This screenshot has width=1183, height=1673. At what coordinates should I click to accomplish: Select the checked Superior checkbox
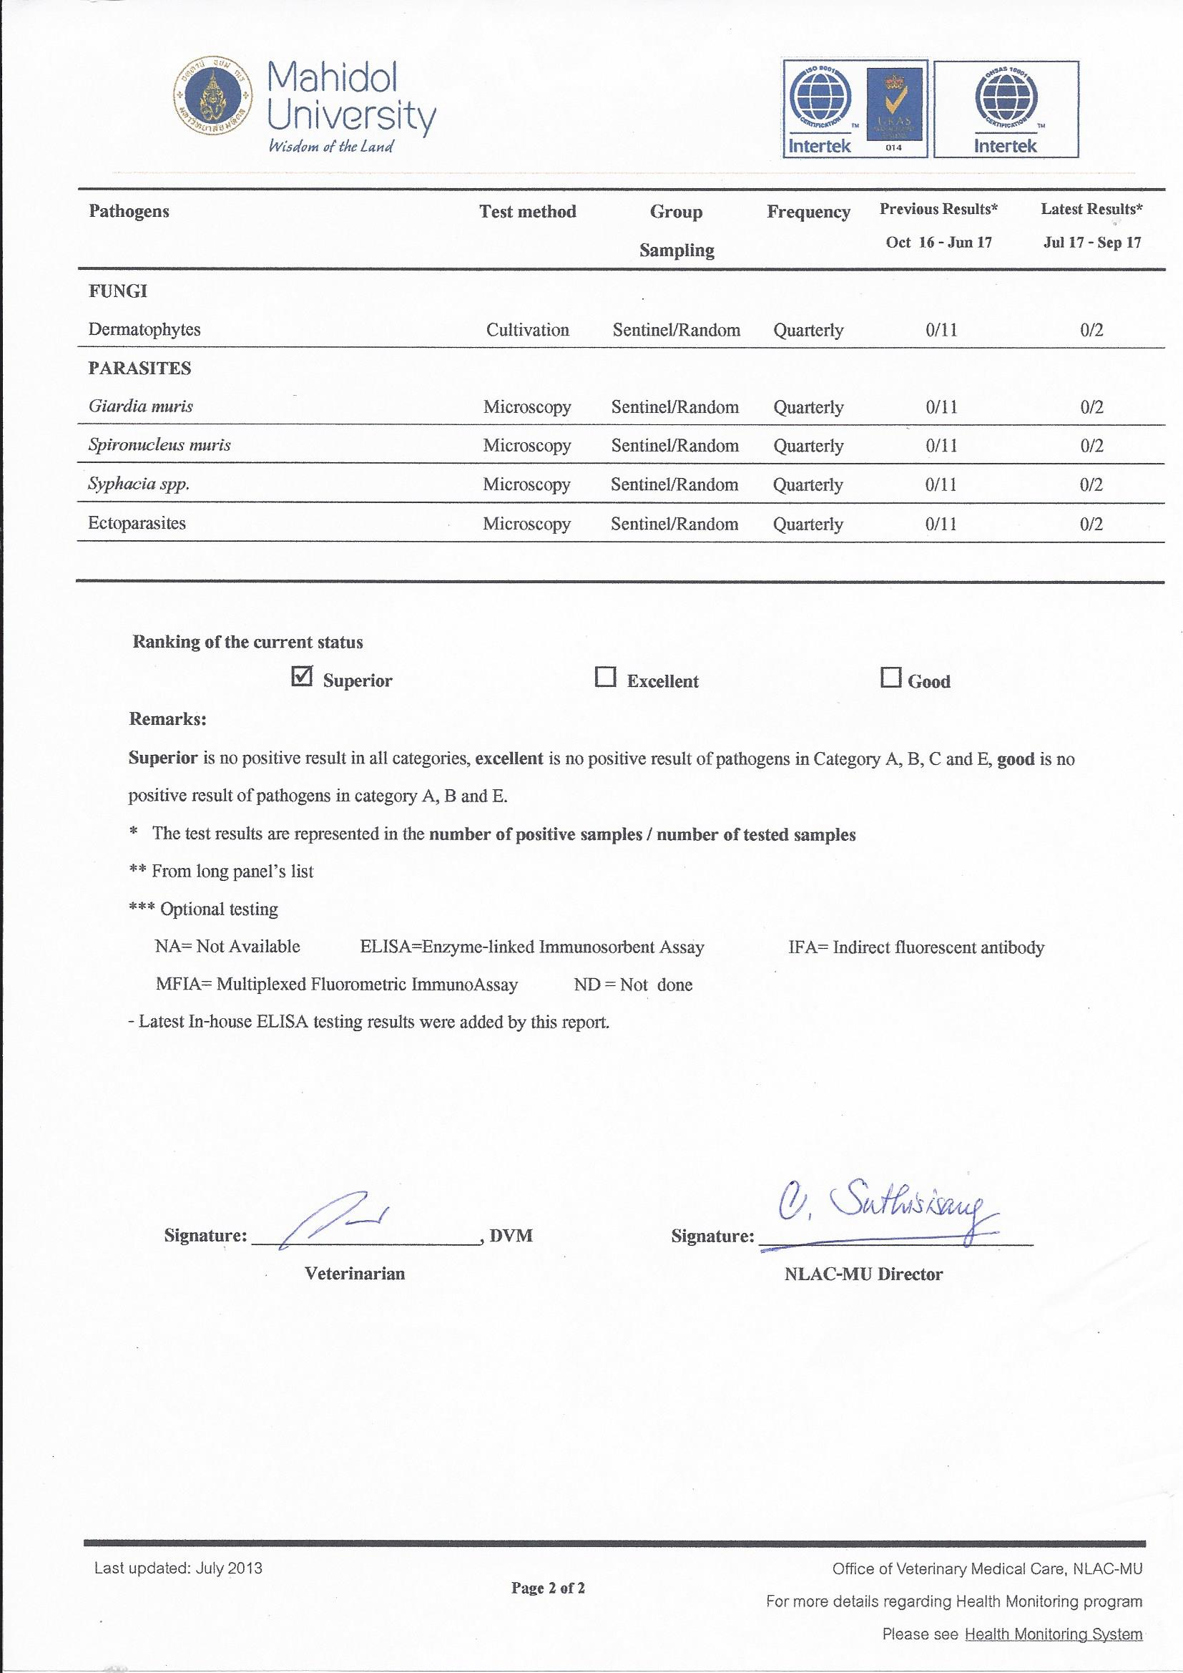pyautogui.click(x=302, y=677)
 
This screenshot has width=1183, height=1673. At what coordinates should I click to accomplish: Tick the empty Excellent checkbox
pyautogui.click(x=605, y=678)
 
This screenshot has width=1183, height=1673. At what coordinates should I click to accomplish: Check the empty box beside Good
pyautogui.click(x=890, y=678)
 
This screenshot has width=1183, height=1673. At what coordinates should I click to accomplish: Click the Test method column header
pyautogui.click(x=527, y=212)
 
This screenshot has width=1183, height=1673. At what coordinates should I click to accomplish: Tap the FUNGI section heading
pyautogui.click(x=118, y=291)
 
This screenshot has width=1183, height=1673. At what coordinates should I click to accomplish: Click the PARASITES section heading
pyautogui.click(x=140, y=369)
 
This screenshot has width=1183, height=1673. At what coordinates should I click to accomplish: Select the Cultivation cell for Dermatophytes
pyautogui.click(x=527, y=330)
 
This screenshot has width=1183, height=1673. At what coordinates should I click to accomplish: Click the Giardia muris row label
pyautogui.click(x=141, y=406)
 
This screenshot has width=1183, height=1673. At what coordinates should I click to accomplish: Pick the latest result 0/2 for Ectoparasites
pyautogui.click(x=1091, y=525)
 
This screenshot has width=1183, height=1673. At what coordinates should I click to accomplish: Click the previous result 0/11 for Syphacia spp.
pyautogui.click(x=941, y=485)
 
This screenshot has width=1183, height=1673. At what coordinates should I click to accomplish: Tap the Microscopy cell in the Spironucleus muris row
pyautogui.click(x=526, y=446)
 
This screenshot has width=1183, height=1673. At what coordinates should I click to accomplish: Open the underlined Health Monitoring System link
pyautogui.click(x=1053, y=1635)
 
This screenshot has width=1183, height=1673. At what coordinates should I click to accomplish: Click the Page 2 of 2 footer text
pyautogui.click(x=548, y=1588)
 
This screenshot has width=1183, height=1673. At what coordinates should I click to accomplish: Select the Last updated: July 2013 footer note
pyautogui.click(x=179, y=1568)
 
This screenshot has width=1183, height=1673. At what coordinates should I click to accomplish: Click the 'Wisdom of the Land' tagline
pyautogui.click(x=330, y=147)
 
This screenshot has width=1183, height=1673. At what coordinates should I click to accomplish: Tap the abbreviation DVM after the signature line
pyautogui.click(x=511, y=1236)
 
